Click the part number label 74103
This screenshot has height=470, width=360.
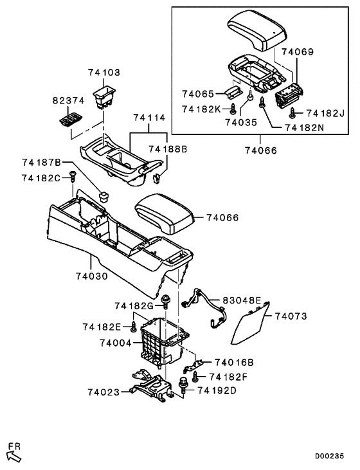click(105, 73)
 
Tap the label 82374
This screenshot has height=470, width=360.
click(67, 101)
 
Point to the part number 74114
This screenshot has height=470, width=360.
click(149, 118)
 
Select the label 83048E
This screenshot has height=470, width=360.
click(242, 300)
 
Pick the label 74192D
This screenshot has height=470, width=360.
click(217, 390)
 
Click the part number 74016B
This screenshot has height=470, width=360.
click(234, 362)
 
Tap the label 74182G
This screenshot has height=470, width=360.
click(134, 305)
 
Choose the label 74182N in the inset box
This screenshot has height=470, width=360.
click(303, 127)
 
